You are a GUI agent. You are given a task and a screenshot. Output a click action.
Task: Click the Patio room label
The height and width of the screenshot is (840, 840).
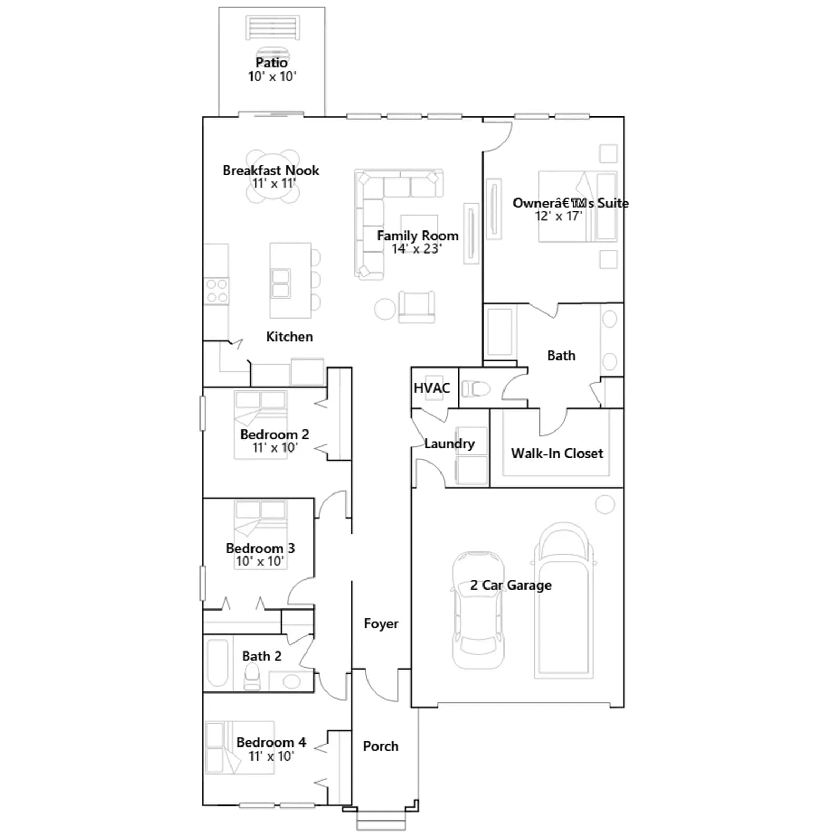click(271, 62)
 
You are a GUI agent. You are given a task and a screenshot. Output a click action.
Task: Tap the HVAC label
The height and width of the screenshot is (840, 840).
click(432, 388)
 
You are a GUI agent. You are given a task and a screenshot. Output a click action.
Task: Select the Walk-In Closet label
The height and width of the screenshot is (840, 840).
click(557, 453)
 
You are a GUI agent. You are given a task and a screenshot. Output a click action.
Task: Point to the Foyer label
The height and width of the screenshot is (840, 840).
click(381, 624)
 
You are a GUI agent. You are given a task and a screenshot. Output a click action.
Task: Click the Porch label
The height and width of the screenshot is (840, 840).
click(381, 746)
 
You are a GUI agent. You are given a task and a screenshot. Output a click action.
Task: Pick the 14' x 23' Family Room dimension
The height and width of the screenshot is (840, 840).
click(417, 248)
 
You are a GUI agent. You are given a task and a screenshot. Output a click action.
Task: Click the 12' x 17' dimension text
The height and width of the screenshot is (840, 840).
click(559, 216)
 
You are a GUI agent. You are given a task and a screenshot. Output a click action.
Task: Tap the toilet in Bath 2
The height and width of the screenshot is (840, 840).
click(252, 676)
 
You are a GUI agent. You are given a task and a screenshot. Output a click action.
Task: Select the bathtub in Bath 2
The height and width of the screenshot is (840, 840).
click(217, 663)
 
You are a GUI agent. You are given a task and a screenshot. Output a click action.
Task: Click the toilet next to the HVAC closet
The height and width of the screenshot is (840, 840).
click(476, 388)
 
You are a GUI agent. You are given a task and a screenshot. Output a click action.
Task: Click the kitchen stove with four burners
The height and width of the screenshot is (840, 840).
click(217, 291)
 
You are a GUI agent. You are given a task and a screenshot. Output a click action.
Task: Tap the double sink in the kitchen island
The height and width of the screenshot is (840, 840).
click(281, 283)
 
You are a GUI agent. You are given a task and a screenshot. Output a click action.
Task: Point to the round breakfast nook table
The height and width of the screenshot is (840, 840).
click(272, 176)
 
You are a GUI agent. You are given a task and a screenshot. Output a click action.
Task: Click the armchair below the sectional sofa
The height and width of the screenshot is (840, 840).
click(417, 307)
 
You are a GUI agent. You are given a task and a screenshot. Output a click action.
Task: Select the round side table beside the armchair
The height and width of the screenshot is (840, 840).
click(385, 309)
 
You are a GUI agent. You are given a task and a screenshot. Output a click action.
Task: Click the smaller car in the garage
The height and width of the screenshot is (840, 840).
click(478, 610)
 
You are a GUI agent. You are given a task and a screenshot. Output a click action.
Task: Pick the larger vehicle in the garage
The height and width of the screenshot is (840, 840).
click(564, 600)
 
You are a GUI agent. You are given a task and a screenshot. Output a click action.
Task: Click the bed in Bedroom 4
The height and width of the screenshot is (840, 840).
click(240, 748)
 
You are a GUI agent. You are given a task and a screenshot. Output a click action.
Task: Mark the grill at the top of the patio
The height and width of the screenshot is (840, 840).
click(272, 27)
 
